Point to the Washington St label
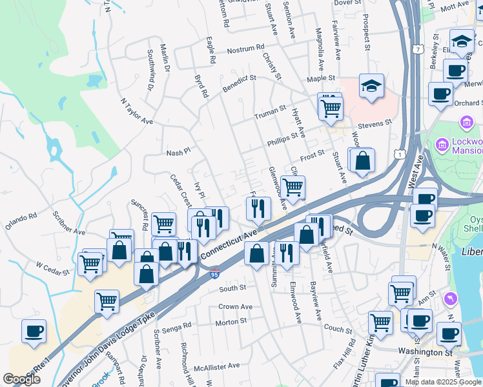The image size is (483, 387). coord(424,353)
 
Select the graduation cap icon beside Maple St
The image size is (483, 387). coord(371,87)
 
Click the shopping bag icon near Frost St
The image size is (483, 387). coord(363,161)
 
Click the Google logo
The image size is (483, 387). coord(22,379)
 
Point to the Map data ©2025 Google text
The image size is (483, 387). coord(442,382)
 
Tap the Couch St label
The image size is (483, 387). coord(338,328)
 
